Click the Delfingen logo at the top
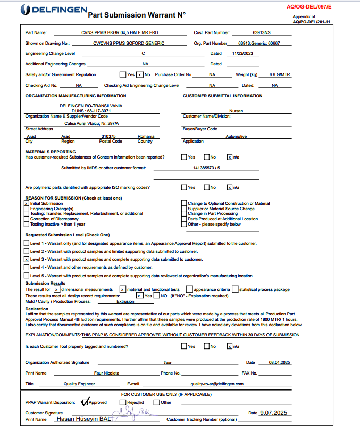(51, 10)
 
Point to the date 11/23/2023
(242, 53)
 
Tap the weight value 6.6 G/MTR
(279, 74)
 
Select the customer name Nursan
(236, 111)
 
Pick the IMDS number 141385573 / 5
(206, 167)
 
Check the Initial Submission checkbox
(26, 204)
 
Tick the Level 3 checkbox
(26, 259)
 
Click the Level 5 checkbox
(26, 276)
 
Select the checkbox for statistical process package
(236, 289)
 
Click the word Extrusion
(125, 301)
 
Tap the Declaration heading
(37, 308)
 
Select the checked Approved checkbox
(85, 402)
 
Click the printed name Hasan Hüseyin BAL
(83, 419)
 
